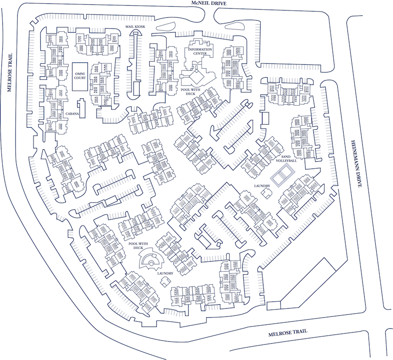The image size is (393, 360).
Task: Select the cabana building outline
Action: [x=81, y=108]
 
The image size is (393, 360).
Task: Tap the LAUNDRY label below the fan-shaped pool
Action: [x=165, y=273]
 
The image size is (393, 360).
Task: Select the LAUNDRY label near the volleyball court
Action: [x=262, y=185]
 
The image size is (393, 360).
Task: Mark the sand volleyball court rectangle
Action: [x=284, y=175]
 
